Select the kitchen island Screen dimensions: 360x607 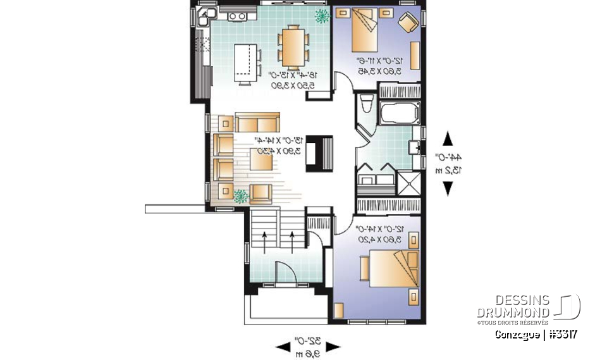(247, 63)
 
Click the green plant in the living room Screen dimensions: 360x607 (240, 195)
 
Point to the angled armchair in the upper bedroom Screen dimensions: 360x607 (407, 23)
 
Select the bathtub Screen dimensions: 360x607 (398, 113)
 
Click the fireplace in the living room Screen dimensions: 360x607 (318, 153)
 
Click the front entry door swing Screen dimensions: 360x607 (285, 274)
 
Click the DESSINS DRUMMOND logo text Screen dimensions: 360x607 (513, 307)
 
